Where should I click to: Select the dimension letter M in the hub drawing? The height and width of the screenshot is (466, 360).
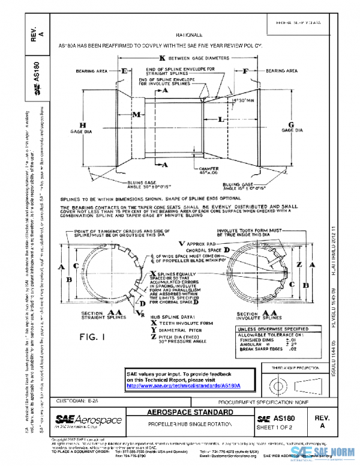(x=137, y=114)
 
